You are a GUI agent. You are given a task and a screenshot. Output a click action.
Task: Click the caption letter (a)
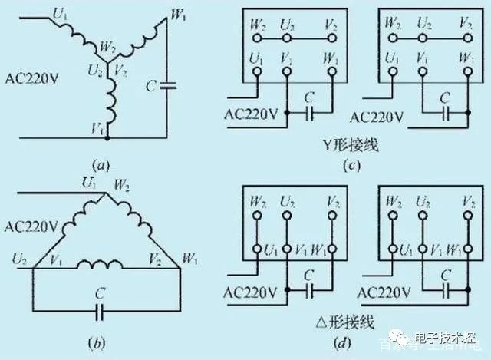click(x=101, y=164)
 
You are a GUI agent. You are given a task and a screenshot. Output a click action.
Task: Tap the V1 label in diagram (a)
click(x=97, y=128)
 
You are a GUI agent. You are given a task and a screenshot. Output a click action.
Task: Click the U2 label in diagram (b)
click(x=16, y=259)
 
